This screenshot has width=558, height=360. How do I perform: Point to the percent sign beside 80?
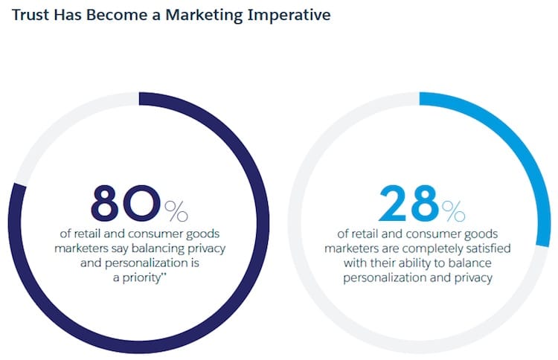coord(176,211)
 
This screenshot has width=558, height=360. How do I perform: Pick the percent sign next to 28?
coord(453,211)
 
